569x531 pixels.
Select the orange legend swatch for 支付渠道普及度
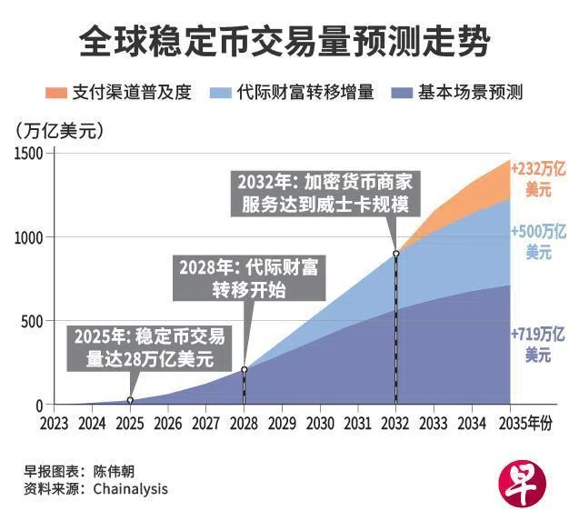pyautogui.click(x=56, y=93)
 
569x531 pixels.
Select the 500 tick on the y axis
pyautogui.click(x=32, y=321)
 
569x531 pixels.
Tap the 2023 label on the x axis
pyautogui.click(x=55, y=423)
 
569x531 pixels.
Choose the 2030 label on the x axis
pyautogui.click(x=319, y=423)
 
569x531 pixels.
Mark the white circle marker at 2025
pyautogui.click(x=130, y=400)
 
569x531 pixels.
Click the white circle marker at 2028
pyautogui.click(x=244, y=369)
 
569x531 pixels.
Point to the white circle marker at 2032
pyautogui.click(x=395, y=254)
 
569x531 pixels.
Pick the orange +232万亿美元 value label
pyautogui.click(x=537, y=179)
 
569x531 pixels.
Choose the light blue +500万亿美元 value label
pyautogui.click(x=538, y=241)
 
